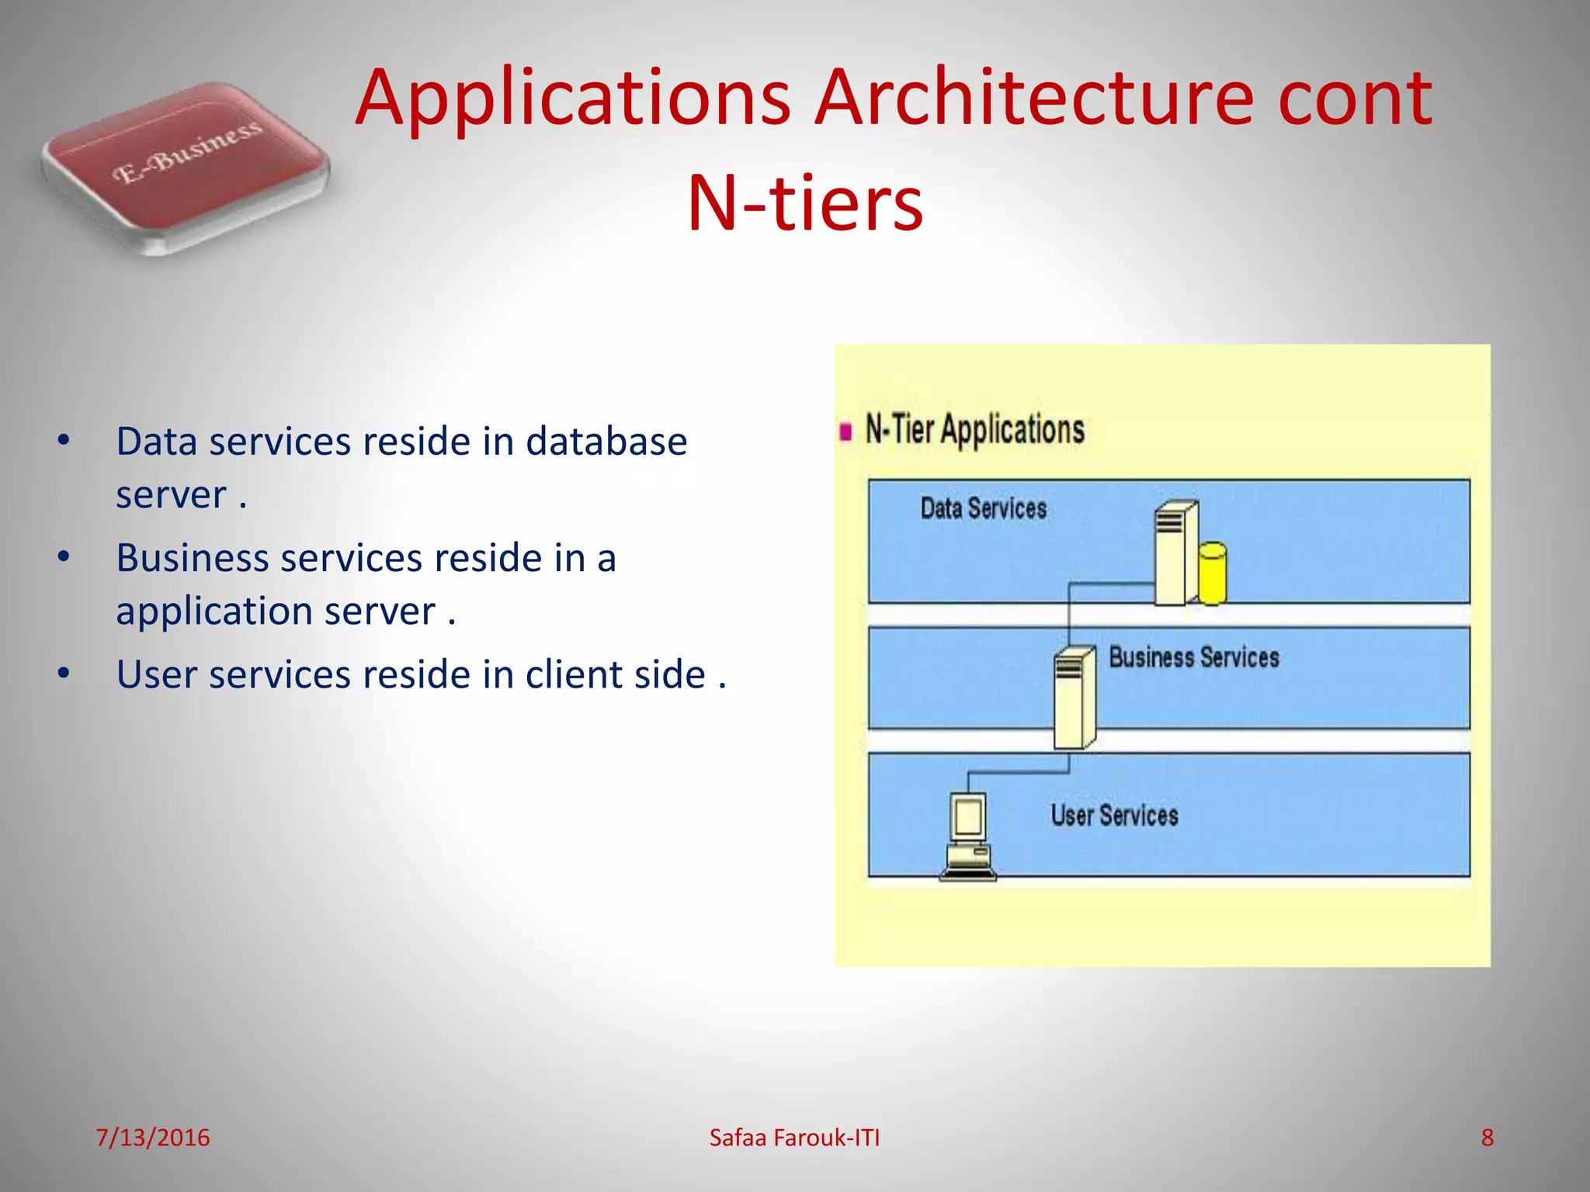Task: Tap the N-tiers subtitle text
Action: pyautogui.click(x=805, y=203)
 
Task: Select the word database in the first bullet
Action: pyautogui.click(x=606, y=442)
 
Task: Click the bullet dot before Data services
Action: pyautogui.click(x=64, y=441)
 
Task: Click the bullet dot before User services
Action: pyautogui.click(x=64, y=674)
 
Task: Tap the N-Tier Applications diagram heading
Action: pyautogui.click(x=974, y=430)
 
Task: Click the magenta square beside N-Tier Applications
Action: pyautogui.click(x=845, y=431)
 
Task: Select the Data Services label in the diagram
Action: pyautogui.click(x=983, y=508)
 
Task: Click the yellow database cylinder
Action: pyautogui.click(x=1212, y=573)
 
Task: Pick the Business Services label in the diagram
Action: pyautogui.click(x=1193, y=657)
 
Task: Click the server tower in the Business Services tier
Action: pyautogui.click(x=1074, y=698)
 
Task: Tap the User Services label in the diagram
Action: pyautogui.click(x=1114, y=816)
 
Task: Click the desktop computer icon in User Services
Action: pyautogui.click(x=967, y=837)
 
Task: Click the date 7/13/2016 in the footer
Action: pyautogui.click(x=153, y=1138)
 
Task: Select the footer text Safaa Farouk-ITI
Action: pyautogui.click(x=794, y=1138)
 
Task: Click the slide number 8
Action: pyautogui.click(x=1487, y=1138)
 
